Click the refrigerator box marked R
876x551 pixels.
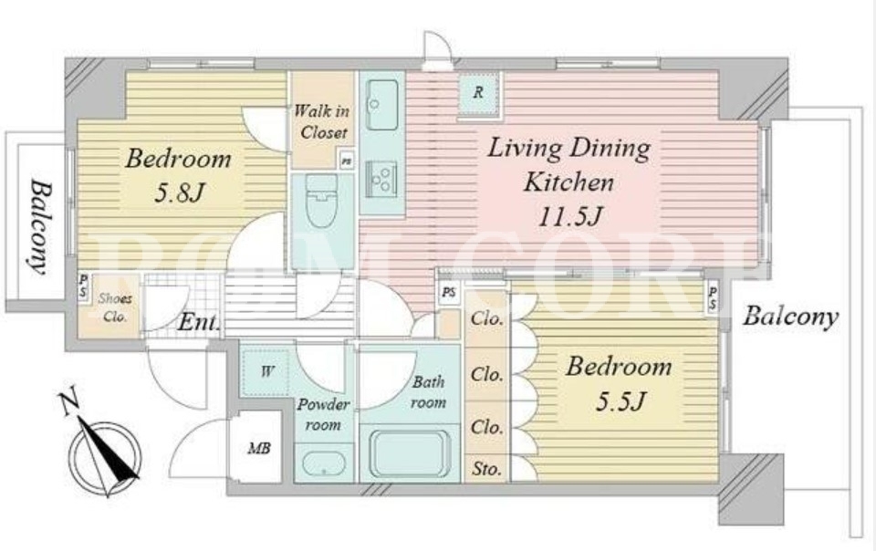[479, 94]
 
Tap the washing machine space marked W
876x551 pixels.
[266, 372]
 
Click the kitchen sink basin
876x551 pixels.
[381, 105]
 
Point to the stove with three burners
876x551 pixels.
[381, 179]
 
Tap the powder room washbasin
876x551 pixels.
[324, 463]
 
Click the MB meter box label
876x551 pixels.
[260, 448]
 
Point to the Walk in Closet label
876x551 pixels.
[322, 121]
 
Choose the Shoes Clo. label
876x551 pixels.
[115, 307]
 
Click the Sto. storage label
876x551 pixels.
[486, 469]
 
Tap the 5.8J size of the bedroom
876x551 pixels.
[178, 193]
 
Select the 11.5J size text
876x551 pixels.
[569, 216]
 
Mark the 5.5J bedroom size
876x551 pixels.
[620, 400]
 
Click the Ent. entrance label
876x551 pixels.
[198, 322]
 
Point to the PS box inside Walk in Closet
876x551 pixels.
[347, 161]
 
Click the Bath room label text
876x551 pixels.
[429, 392]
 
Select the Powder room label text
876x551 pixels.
[323, 414]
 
